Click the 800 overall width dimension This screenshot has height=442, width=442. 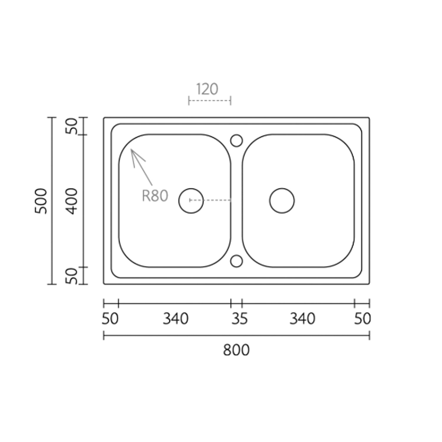click(236, 350)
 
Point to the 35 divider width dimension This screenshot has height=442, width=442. click(239, 319)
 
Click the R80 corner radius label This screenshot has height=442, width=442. click(155, 196)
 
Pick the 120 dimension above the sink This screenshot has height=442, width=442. click(207, 89)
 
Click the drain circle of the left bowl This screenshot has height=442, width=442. click(191, 201)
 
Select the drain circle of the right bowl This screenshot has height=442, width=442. click(282, 201)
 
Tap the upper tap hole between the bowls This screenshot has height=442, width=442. click(236, 141)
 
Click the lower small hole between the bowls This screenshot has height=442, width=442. click(236, 261)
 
